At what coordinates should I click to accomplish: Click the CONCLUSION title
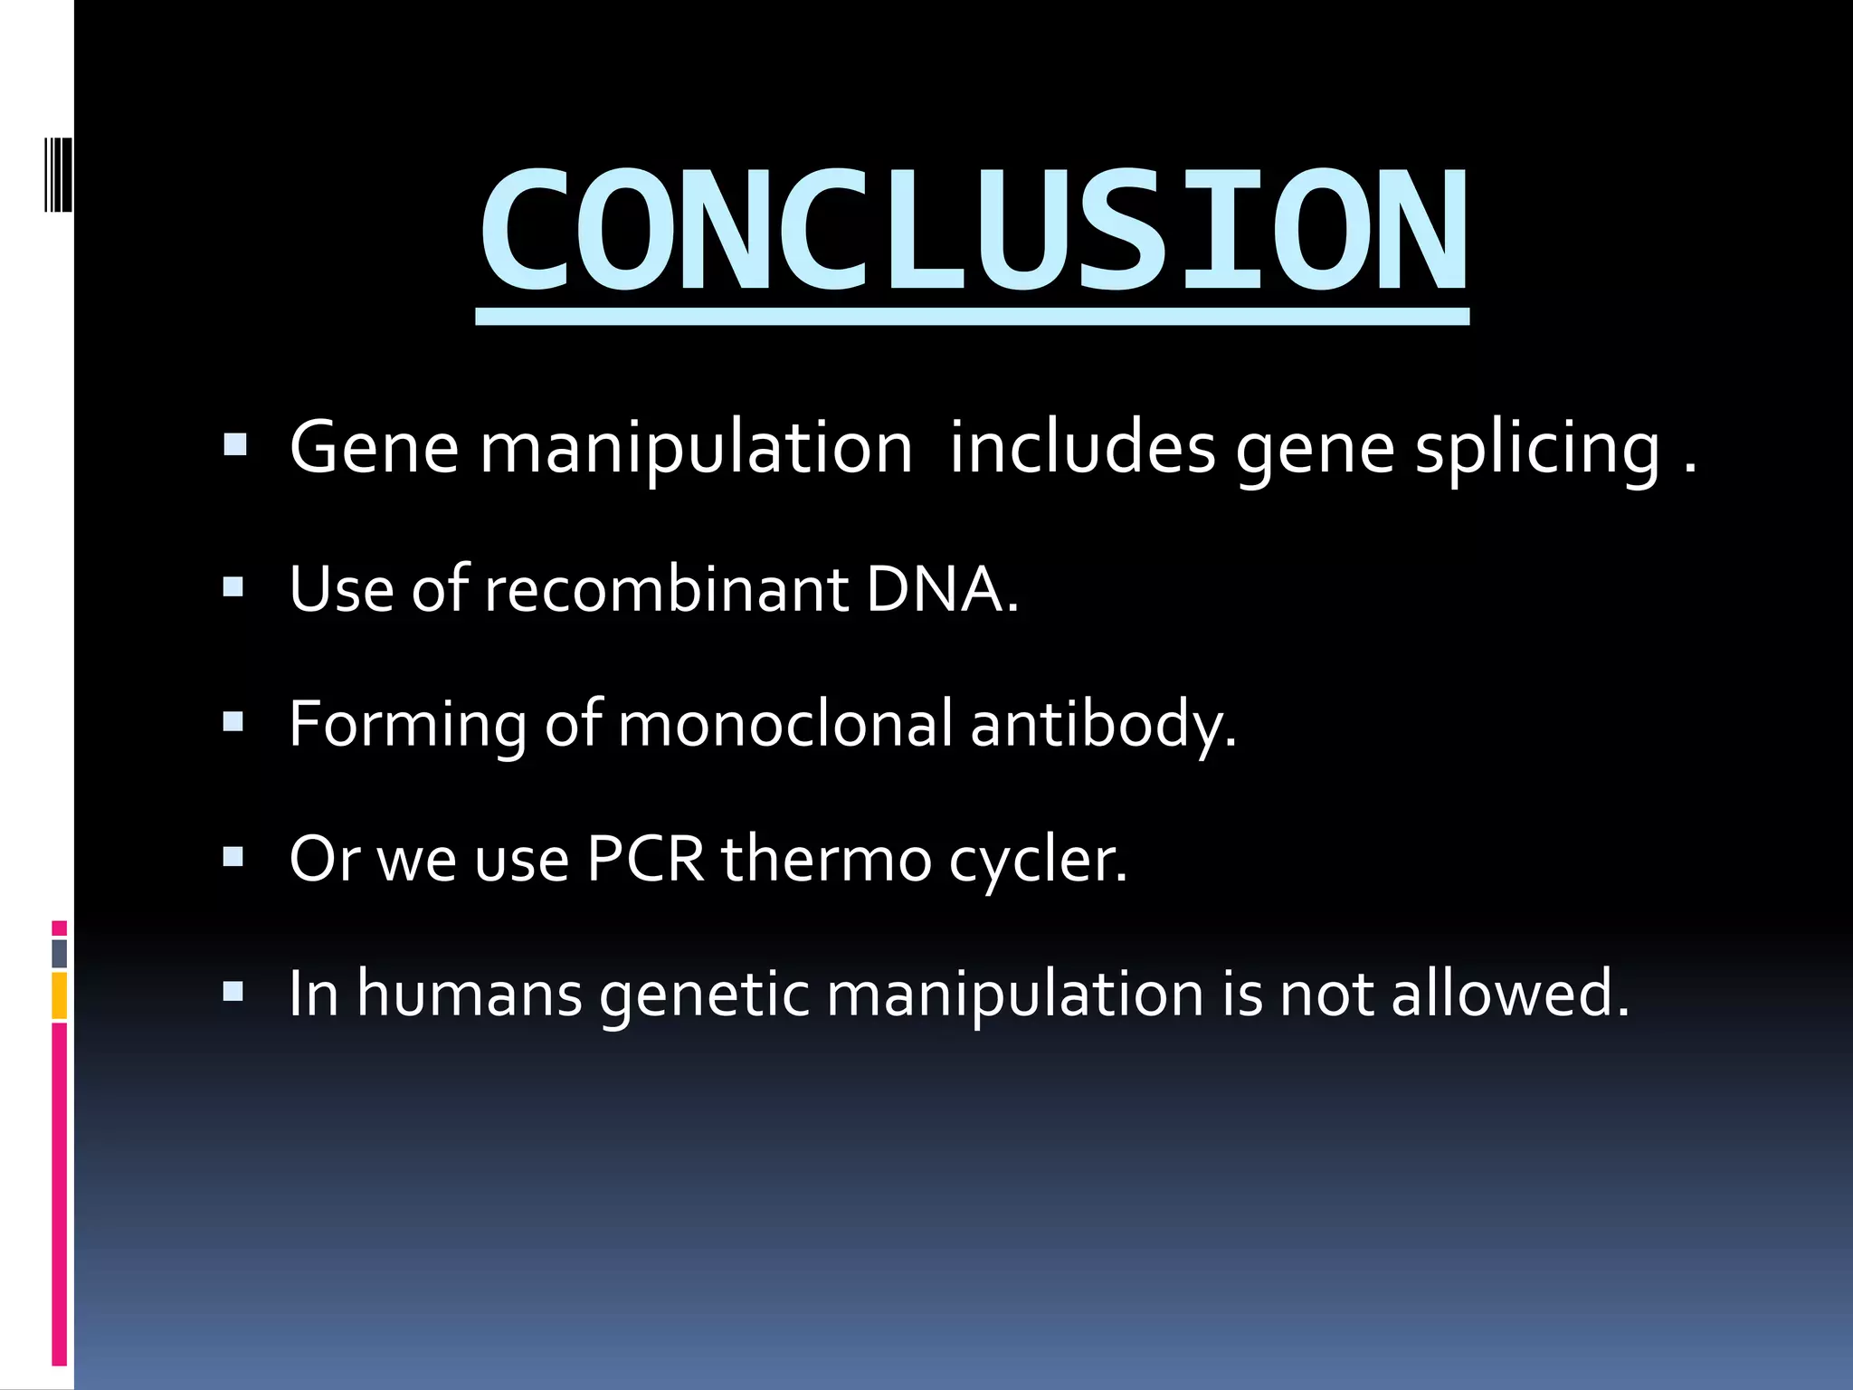pyautogui.click(x=973, y=231)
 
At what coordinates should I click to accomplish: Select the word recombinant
pyautogui.click(x=665, y=589)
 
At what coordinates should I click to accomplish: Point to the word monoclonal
pyautogui.click(x=784, y=724)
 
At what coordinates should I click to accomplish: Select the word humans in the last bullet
pyautogui.click(x=470, y=994)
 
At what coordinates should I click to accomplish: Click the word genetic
pyautogui.click(x=704, y=995)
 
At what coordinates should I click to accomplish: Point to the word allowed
pyautogui.click(x=1509, y=994)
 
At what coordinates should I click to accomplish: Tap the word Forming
pyautogui.click(x=407, y=725)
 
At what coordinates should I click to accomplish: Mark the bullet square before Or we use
pyautogui.click(x=233, y=857)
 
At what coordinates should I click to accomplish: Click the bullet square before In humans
pyautogui.click(x=233, y=992)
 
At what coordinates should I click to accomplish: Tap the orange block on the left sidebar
pyautogui.click(x=60, y=995)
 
